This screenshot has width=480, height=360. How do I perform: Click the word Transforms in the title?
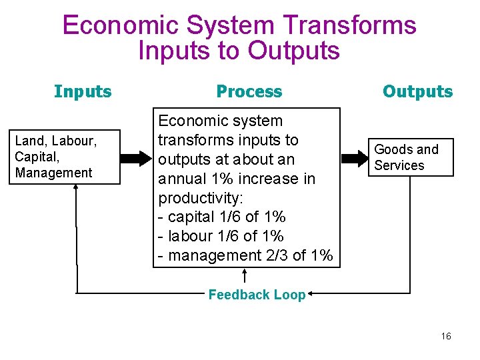point(349,25)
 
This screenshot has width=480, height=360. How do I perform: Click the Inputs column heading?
point(83,91)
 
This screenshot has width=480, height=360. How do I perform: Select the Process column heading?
point(249,92)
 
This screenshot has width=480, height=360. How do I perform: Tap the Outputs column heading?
point(417,91)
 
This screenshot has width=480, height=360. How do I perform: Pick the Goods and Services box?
point(411,157)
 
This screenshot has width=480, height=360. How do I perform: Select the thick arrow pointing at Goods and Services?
point(355,158)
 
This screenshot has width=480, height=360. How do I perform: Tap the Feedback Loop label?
point(257,295)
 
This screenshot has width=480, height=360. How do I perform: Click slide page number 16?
point(446,336)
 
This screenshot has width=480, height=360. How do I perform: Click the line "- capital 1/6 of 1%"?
point(221,217)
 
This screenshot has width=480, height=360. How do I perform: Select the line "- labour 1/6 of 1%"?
point(221,236)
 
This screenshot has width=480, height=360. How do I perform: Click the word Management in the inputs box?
point(53,173)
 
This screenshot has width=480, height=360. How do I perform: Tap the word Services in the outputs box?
point(399,165)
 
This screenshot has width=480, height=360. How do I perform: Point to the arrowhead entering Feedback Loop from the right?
point(311,293)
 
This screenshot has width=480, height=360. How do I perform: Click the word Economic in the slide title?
point(120,25)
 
